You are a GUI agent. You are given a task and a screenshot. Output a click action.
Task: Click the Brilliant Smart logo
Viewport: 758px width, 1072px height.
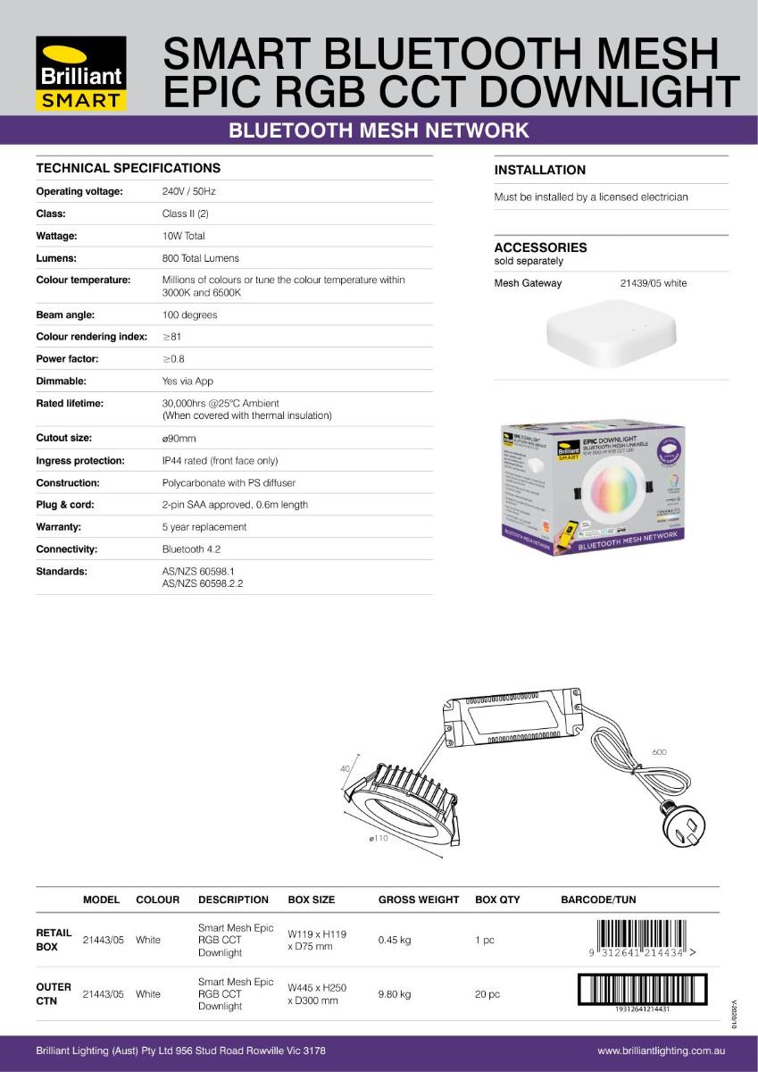[81, 72]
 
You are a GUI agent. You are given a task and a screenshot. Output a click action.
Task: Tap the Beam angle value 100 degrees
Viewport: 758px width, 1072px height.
[189, 315]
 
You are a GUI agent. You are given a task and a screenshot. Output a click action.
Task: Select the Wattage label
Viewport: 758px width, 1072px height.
[56, 237]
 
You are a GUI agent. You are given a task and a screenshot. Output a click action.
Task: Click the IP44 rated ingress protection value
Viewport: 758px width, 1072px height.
[220, 461]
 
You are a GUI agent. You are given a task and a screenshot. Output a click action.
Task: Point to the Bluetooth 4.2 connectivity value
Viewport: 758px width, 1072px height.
[191, 549]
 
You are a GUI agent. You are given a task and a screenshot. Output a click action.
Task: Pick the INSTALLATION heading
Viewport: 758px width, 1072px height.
[540, 171]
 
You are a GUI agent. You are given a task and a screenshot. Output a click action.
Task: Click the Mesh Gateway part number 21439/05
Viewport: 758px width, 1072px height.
[653, 284]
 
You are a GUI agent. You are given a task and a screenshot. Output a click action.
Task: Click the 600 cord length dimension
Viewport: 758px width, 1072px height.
[659, 752]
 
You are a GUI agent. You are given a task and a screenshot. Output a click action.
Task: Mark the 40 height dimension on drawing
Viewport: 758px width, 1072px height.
[345, 768]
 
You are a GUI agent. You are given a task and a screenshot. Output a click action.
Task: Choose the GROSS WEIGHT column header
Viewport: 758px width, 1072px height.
[419, 900]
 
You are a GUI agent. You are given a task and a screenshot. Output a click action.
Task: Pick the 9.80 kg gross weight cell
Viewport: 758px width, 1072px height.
[394, 993]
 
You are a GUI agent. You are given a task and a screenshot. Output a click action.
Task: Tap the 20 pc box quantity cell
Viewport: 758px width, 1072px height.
[487, 993]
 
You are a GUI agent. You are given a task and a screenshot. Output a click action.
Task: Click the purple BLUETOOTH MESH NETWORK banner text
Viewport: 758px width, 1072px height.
[379, 131]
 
